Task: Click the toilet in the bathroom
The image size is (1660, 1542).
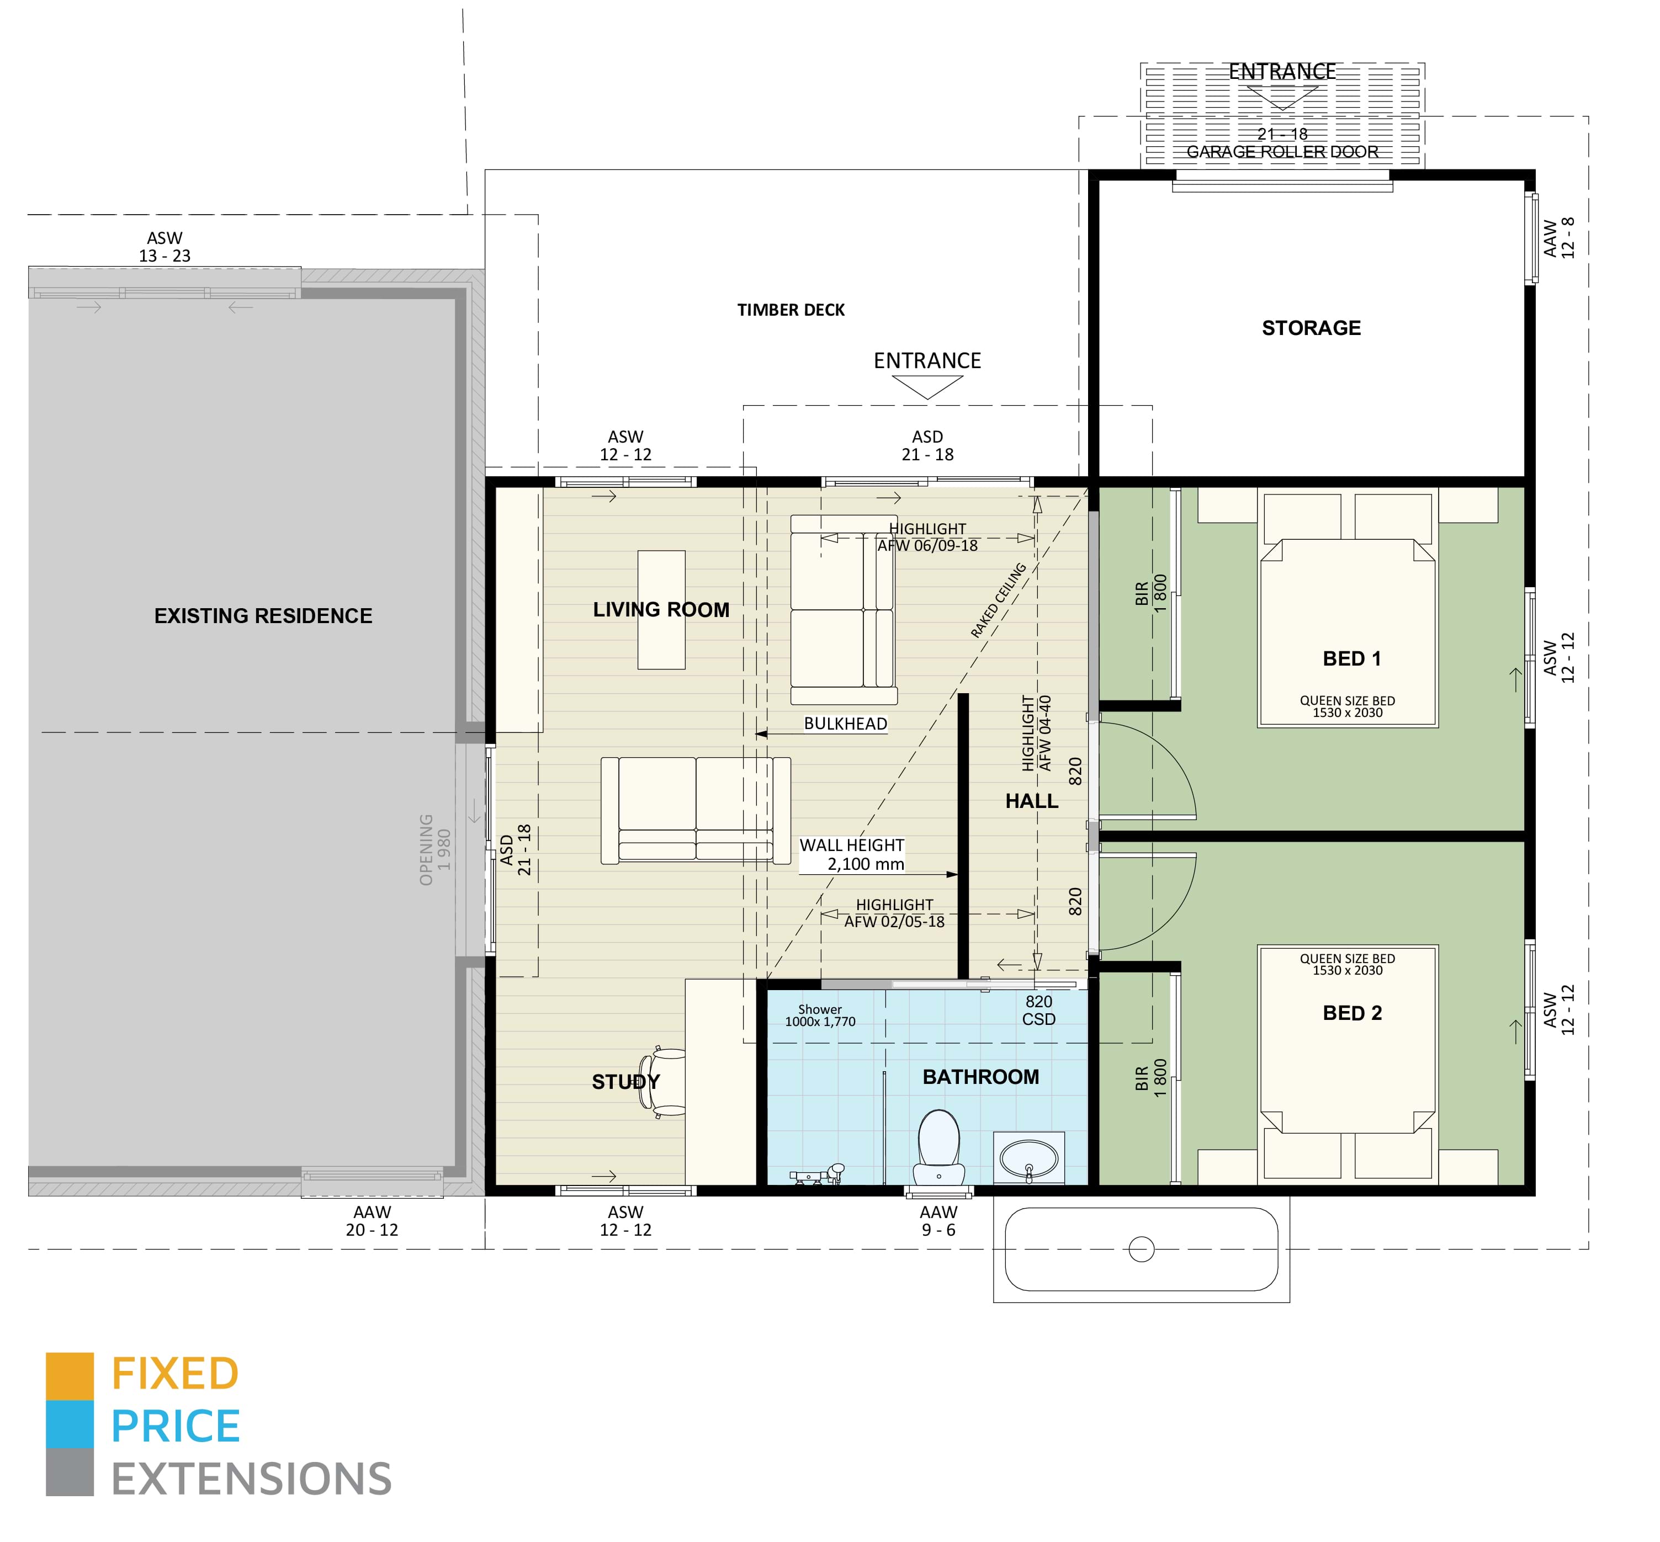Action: [939, 1143]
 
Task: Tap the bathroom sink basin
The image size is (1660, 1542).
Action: [1028, 1158]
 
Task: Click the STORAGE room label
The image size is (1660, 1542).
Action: [1311, 328]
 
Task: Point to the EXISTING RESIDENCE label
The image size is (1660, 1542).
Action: [263, 616]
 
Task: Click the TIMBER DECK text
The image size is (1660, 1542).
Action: [791, 310]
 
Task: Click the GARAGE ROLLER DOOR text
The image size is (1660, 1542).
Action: [1282, 152]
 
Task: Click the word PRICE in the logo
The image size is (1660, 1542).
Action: [175, 1426]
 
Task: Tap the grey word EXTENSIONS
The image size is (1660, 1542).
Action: [251, 1480]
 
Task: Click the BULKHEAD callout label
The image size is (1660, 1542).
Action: [845, 724]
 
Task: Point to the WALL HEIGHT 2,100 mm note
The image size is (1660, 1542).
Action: [851, 854]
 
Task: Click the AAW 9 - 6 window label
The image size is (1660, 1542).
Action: [938, 1221]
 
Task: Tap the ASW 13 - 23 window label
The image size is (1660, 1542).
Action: [165, 247]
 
